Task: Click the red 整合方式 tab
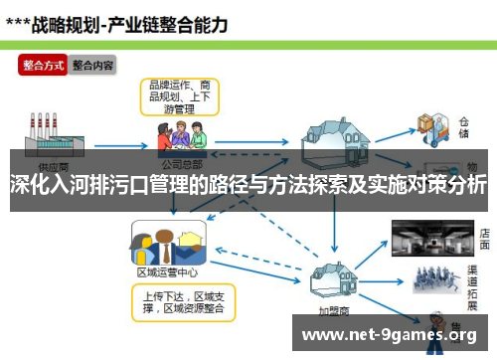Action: [43, 66]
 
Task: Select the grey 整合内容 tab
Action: [92, 66]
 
